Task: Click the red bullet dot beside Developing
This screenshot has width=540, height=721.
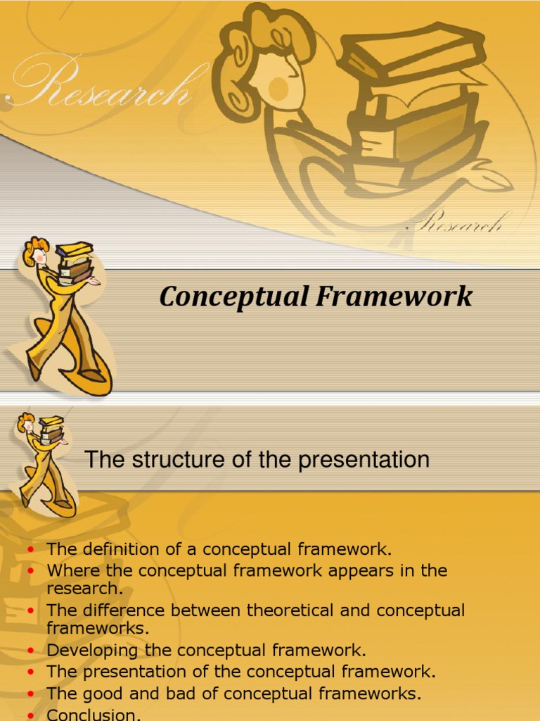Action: (x=30, y=651)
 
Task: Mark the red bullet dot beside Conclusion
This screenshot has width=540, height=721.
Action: (x=30, y=715)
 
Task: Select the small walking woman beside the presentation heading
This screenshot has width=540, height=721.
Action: (x=44, y=461)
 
